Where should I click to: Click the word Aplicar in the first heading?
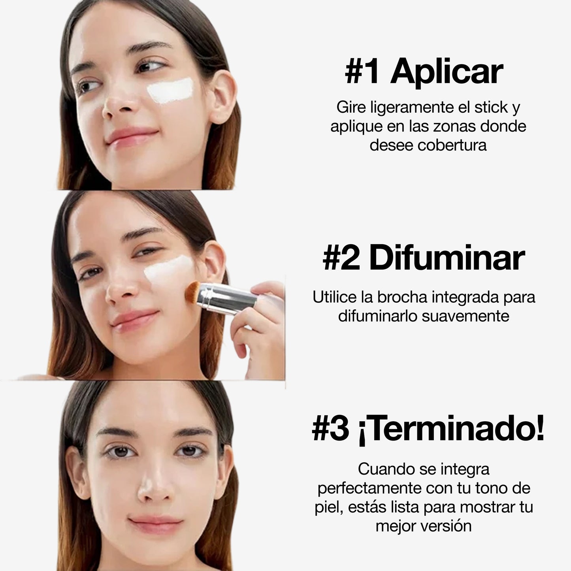point(447,72)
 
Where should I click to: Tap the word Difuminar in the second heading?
point(447,258)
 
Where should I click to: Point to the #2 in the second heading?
point(341,258)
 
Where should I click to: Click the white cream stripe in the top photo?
point(170,90)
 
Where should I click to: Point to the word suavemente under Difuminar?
point(465,317)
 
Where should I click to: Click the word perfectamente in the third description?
point(369,489)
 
